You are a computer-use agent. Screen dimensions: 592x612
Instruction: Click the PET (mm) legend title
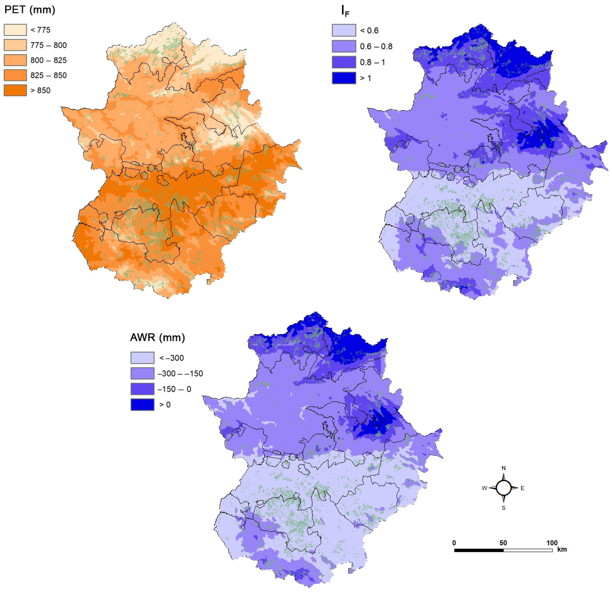coord(30,10)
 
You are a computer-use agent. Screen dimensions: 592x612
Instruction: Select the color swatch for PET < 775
coord(15,30)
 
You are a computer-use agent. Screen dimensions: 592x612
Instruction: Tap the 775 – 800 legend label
coord(48,45)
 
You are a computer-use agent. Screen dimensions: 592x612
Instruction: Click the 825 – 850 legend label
coord(48,75)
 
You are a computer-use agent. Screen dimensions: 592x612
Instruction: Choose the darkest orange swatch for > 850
coord(15,90)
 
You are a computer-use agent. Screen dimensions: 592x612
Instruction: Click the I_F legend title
coord(345,11)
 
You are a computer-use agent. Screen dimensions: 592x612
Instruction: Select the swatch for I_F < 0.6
coord(344,30)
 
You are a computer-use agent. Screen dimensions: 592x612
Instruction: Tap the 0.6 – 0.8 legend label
coord(376,47)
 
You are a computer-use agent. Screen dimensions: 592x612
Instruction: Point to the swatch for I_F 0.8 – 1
coord(344,62)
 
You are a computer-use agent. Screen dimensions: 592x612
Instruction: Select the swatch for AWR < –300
coord(142,358)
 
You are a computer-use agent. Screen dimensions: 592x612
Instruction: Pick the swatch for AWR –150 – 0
coord(142,389)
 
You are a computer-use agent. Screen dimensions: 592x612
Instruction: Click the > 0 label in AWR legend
coord(165,405)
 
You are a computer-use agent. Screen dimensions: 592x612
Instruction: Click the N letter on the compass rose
coord(503,468)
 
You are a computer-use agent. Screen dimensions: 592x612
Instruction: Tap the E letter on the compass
coord(522,488)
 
